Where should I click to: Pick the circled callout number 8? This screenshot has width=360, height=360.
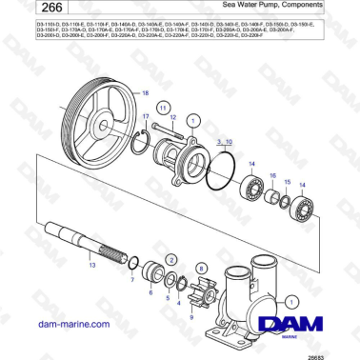click(x=201, y=270)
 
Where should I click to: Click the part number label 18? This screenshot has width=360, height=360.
click(x=146, y=92)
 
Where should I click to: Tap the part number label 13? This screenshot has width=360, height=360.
click(x=91, y=268)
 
